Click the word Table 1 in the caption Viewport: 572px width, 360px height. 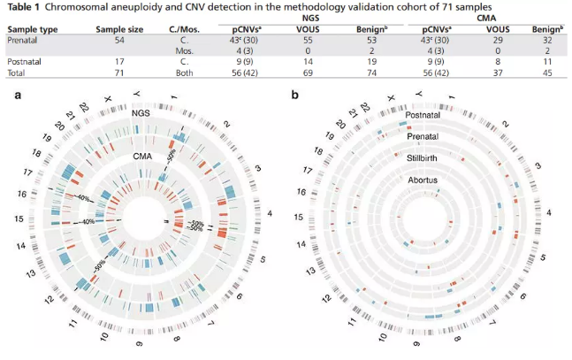pyautogui.click(x=25, y=7)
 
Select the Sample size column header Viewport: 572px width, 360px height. pyautogui.click(x=120, y=29)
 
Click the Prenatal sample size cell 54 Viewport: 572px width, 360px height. pyautogui.click(x=120, y=41)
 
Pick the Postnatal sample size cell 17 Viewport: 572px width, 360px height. pyautogui.click(x=120, y=63)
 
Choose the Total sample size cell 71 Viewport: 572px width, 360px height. pyautogui.click(x=120, y=74)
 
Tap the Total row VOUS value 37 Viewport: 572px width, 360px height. pyautogui.click(x=492, y=74)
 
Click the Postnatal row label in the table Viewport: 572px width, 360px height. pyautogui.click(x=26, y=63)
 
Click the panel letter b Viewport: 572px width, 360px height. pyautogui.click(x=294, y=95)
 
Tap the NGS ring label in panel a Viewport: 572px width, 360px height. pyautogui.click(x=142, y=115)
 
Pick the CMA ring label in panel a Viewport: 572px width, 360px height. pyautogui.click(x=142, y=156)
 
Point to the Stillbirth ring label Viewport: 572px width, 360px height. pyautogui.click(x=427, y=159)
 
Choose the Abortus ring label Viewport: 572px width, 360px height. pyautogui.click(x=427, y=180)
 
